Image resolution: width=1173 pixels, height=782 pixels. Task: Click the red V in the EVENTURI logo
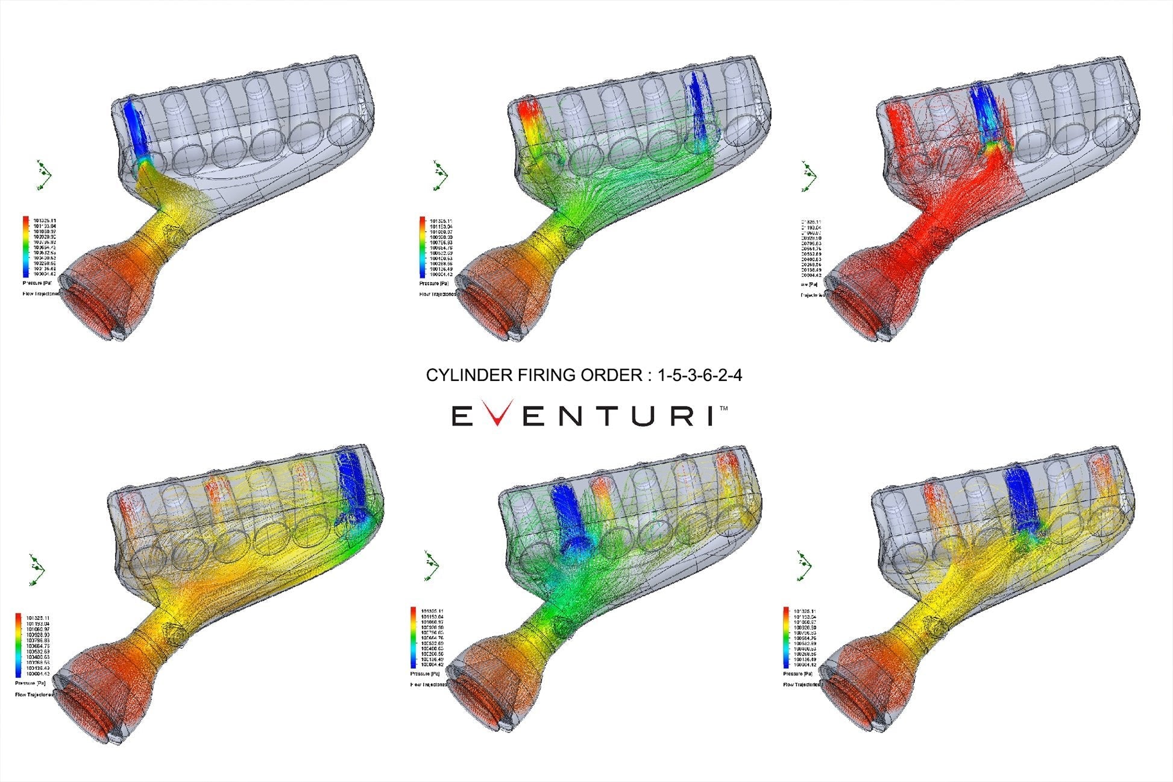point(495,415)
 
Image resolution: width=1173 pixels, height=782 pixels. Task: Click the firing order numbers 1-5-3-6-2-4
point(700,375)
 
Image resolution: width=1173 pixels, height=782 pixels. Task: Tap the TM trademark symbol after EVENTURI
point(724,409)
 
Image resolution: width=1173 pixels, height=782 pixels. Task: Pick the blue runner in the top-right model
point(984,115)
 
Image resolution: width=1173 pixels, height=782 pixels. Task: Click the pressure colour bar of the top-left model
point(26,246)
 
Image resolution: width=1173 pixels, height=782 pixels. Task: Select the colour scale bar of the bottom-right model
point(785,637)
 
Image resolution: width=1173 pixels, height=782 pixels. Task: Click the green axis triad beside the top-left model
point(43,175)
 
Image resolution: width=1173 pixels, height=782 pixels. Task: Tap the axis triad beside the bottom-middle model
point(432,566)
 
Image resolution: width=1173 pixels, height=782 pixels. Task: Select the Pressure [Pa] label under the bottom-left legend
point(30,683)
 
